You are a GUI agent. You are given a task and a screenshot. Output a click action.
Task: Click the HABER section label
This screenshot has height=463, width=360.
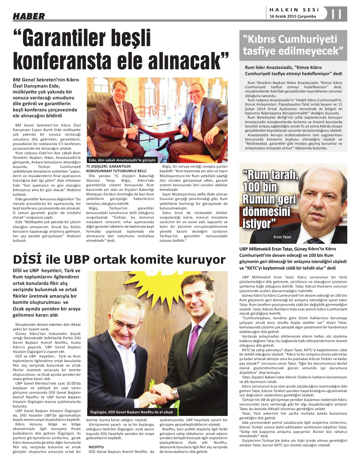pyautogui.click(x=29, y=16)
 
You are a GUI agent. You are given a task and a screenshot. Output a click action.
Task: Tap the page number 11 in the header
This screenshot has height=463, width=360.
pyautogui.click(x=336, y=14)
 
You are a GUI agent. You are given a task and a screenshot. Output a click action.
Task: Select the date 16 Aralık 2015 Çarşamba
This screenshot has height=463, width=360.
pyautogui.click(x=293, y=16)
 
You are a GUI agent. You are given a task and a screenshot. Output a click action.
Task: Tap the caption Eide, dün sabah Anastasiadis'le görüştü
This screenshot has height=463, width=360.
pyautogui.click(x=122, y=160)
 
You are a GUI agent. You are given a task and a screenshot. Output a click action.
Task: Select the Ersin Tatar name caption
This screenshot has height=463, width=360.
pyautogui.click(x=282, y=237)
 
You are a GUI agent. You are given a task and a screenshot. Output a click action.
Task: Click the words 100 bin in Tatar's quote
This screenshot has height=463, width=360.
pyautogui.click(x=260, y=187)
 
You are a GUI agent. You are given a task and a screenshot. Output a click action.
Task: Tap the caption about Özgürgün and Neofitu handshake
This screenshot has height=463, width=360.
pyautogui.click(x=131, y=412)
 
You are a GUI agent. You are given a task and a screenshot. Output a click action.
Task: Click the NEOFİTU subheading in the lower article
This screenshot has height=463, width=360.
pyautogui.click(x=96, y=447)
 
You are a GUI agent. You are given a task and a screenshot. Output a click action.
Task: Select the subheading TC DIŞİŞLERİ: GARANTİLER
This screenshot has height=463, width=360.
pyautogui.click(x=106, y=166)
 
